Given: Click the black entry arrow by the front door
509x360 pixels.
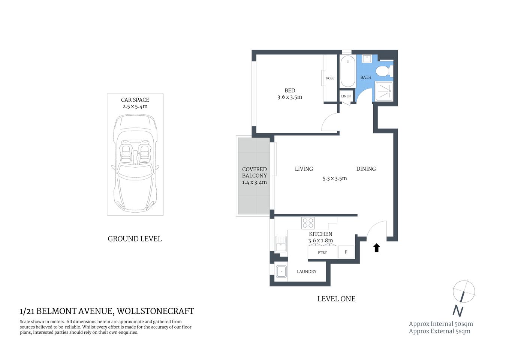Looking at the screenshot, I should pyautogui.click(x=377, y=248).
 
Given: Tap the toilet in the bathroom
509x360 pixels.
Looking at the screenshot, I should pyautogui.click(x=384, y=70).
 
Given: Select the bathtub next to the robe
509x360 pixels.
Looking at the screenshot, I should pyautogui.click(x=348, y=71).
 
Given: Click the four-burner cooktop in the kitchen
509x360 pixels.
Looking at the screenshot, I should pyautogui.click(x=308, y=223).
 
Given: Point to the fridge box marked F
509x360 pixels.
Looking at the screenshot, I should pyautogui.click(x=346, y=252).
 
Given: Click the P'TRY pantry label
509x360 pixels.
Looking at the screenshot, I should pyautogui.click(x=322, y=252).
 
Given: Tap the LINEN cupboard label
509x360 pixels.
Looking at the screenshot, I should pyautogui.click(x=346, y=96).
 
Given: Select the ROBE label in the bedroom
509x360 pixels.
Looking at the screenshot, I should pyautogui.click(x=330, y=78).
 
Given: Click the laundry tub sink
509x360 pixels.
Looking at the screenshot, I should pyautogui.click(x=281, y=271).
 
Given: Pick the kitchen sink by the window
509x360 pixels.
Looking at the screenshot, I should pyautogui.click(x=280, y=244).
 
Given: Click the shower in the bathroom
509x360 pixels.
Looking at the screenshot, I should pyautogui.click(x=384, y=91).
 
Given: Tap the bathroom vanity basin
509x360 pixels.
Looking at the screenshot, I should pyautogui.click(x=367, y=59).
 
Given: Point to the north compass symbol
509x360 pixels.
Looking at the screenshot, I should pyautogui.click(x=464, y=292).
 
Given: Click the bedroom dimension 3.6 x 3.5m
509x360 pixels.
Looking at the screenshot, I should pyautogui.click(x=290, y=97).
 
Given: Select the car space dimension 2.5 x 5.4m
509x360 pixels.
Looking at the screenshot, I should pyautogui.click(x=135, y=106).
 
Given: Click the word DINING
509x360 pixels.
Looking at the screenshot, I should pyautogui.click(x=366, y=169).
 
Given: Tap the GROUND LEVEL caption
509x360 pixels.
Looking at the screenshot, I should pyautogui.click(x=135, y=239).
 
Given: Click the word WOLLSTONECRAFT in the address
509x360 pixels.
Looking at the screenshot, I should pyautogui.click(x=156, y=311).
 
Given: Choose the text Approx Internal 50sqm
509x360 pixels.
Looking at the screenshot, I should pyautogui.click(x=441, y=324).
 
